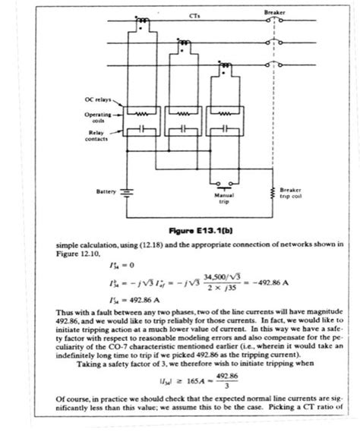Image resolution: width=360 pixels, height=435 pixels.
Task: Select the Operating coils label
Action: coord(96,116)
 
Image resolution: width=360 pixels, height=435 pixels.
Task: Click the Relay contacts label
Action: coord(95,135)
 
